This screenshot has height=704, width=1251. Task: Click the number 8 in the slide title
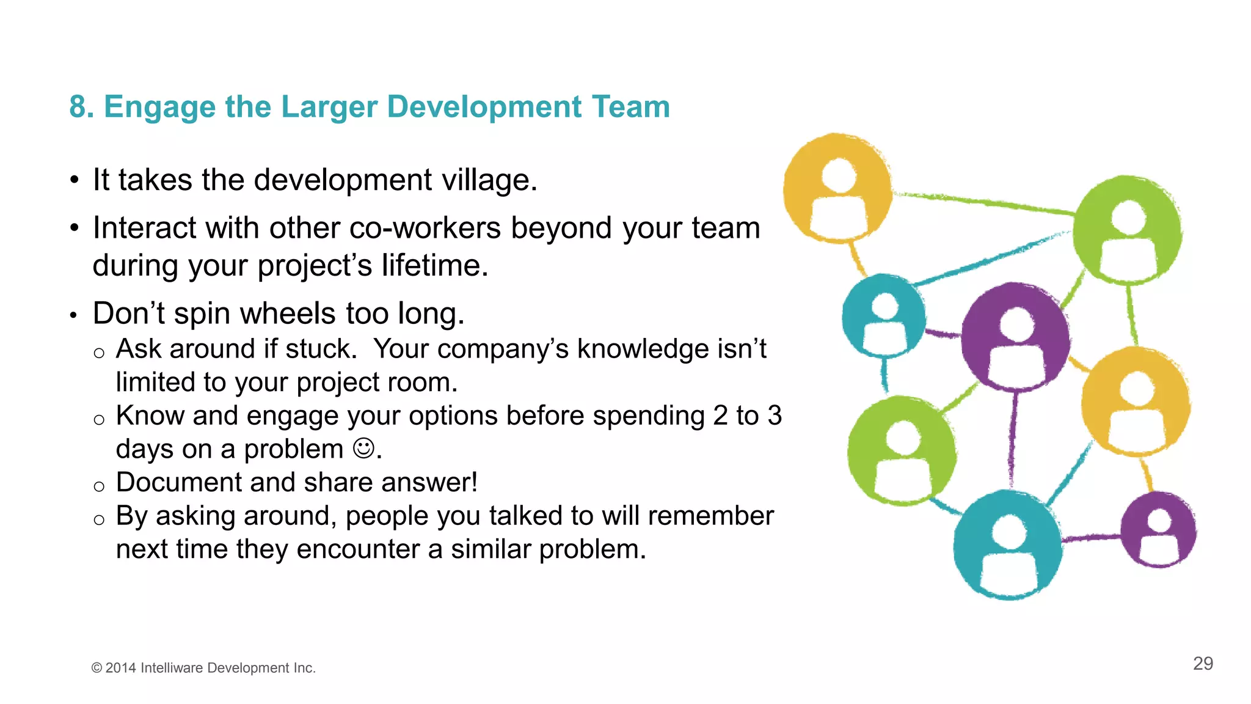coord(77,107)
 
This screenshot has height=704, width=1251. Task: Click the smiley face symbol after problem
coord(363,449)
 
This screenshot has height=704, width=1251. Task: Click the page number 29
coord(1203,664)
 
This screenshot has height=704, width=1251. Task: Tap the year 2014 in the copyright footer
coord(120,668)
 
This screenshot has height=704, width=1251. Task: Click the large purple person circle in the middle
coord(1015,337)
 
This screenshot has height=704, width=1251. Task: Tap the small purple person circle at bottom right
coord(1159,530)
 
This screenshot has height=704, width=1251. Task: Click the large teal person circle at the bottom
coord(1008,544)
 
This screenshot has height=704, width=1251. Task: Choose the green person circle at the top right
coord(1127,230)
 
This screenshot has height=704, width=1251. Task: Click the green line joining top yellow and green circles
coord(983,203)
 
